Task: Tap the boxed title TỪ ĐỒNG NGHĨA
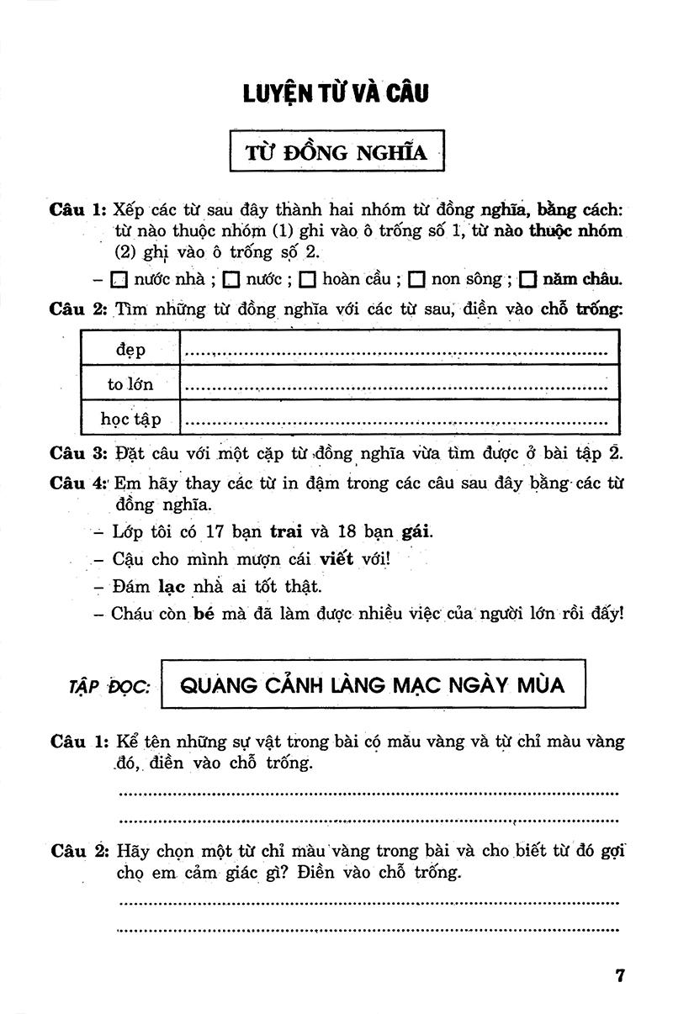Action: click(336, 152)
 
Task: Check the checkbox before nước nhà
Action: click(119, 279)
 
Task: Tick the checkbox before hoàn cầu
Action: click(307, 279)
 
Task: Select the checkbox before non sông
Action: click(416, 279)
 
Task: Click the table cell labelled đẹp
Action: click(130, 351)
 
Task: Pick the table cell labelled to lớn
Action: click(130, 385)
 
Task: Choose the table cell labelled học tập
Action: click(130, 419)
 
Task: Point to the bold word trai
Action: click(285, 532)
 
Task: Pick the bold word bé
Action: click(199, 613)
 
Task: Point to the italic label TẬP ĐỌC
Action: click(109, 686)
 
